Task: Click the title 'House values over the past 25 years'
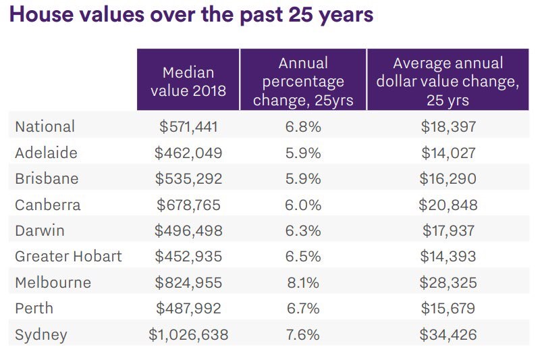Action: click(x=191, y=15)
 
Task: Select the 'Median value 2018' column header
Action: click(x=188, y=82)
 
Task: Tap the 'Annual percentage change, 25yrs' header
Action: click(x=303, y=82)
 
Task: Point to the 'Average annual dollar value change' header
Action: click(x=448, y=82)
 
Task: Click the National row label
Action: click(x=45, y=126)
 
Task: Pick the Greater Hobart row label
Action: click(x=68, y=256)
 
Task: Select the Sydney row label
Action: click(x=41, y=335)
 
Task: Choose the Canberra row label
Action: click(x=48, y=205)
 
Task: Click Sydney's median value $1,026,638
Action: click(x=188, y=335)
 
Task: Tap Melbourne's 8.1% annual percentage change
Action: click(x=303, y=282)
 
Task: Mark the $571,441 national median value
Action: click(x=188, y=126)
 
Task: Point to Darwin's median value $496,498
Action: click(x=188, y=230)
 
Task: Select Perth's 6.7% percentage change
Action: click(x=303, y=309)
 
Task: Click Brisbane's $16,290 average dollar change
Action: click(x=448, y=178)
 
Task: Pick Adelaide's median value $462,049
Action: click(x=188, y=153)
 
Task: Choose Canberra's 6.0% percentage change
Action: click(x=303, y=205)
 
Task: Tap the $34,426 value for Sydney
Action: click(x=448, y=335)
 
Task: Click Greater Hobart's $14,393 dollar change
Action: click(x=448, y=256)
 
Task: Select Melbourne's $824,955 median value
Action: click(x=188, y=282)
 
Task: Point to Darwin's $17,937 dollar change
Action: click(x=448, y=230)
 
